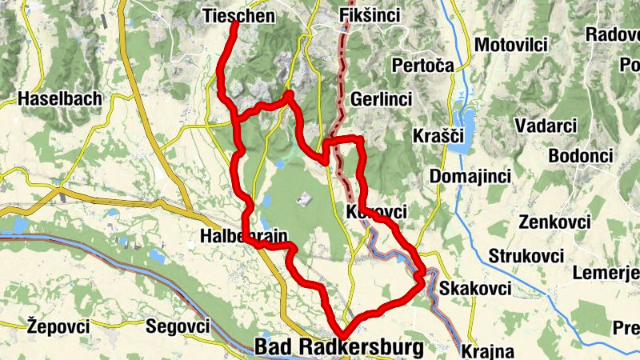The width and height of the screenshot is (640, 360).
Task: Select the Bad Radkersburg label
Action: click(x=338, y=347)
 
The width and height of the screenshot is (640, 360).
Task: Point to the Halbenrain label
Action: click(x=242, y=237)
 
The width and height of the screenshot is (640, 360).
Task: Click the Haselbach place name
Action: click(x=60, y=99)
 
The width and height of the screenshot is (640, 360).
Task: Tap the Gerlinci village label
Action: click(x=381, y=99)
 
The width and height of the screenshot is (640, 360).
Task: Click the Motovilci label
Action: click(x=510, y=45)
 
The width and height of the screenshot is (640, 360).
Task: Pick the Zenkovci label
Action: click(x=554, y=222)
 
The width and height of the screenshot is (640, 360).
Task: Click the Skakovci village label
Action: click(x=475, y=286)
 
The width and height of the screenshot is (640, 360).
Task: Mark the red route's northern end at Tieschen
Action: click(x=235, y=24)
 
